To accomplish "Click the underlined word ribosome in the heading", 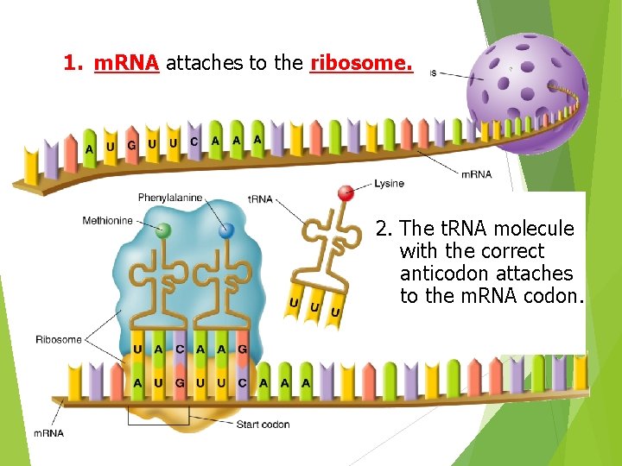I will (360, 63).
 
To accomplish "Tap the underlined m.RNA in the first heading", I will (126, 63).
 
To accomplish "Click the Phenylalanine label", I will (170, 198).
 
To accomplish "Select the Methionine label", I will (108, 221).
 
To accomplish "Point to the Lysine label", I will (389, 184).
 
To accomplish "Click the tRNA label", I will (260, 199).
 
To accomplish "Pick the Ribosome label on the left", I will (59, 339).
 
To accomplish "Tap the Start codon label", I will (263, 424).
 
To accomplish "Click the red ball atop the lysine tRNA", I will (346, 192).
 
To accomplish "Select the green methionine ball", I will (162, 230).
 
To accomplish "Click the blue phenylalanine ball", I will (226, 230).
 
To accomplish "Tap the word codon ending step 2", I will (553, 296).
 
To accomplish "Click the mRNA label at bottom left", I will (48, 432).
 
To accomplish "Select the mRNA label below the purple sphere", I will (476, 174).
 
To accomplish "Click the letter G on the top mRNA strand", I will (131, 145).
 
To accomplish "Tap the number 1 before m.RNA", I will (72, 63).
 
